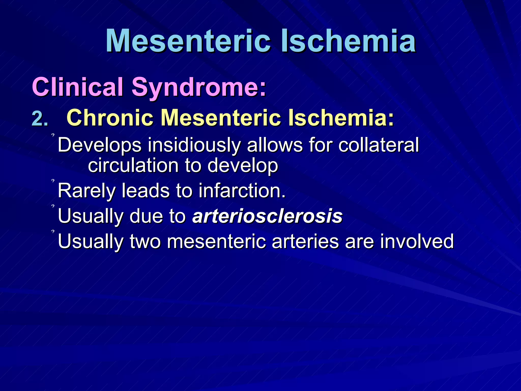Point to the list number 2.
[x=39, y=119]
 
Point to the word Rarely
[x=86, y=191]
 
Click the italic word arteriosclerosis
[x=267, y=216]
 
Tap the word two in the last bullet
[x=145, y=241]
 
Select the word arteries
[x=305, y=241]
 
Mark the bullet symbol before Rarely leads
[x=53, y=181]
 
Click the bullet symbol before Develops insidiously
[x=53, y=135]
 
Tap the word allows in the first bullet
[x=274, y=145]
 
